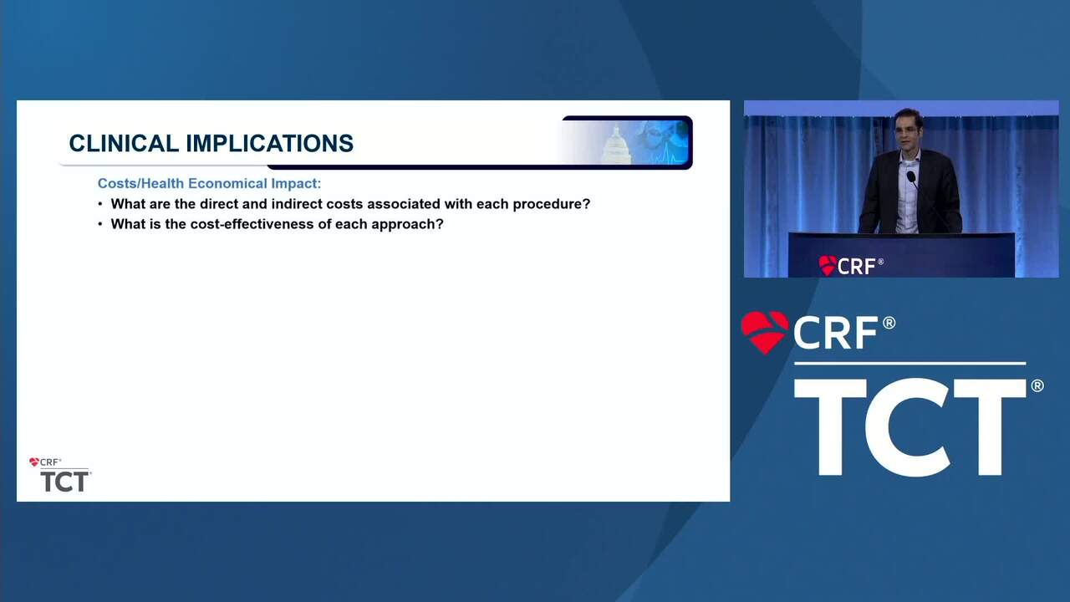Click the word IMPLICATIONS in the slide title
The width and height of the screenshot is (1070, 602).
(270, 143)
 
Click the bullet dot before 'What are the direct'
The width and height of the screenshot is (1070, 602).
(100, 205)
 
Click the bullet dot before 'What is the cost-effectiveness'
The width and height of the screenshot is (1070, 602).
(100, 225)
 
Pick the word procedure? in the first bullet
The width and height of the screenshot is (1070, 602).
(552, 205)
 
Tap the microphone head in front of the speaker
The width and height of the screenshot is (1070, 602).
(911, 176)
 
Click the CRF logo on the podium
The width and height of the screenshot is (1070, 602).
(851, 266)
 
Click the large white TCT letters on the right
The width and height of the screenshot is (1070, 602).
(910, 426)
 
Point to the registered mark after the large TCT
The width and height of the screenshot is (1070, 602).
(1037, 385)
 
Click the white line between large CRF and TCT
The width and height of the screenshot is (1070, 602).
(910, 364)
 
